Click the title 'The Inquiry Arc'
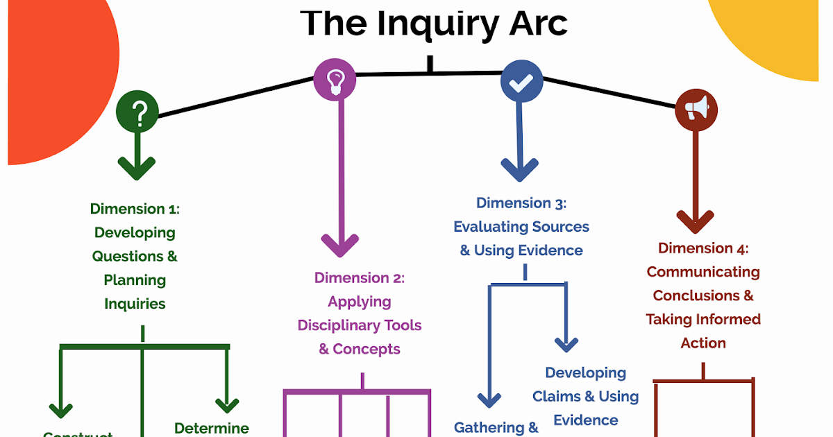tap(434, 23)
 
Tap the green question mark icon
tap(137, 112)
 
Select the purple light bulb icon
tap(335, 78)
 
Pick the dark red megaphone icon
tap(696, 110)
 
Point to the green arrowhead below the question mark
tap(137, 166)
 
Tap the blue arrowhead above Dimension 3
tap(520, 169)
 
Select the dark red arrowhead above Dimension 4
tap(696, 221)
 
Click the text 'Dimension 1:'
tap(135, 209)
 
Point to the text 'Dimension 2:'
tap(359, 278)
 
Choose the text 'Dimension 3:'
tap(521, 203)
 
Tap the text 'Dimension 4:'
tap(703, 248)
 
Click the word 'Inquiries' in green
tap(135, 304)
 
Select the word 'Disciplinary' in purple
tap(359, 325)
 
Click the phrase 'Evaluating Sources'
tap(521, 227)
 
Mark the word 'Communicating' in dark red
tap(703, 272)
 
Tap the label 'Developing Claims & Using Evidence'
tap(585, 396)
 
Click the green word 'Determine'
tap(212, 428)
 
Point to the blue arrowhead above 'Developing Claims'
tap(567, 343)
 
